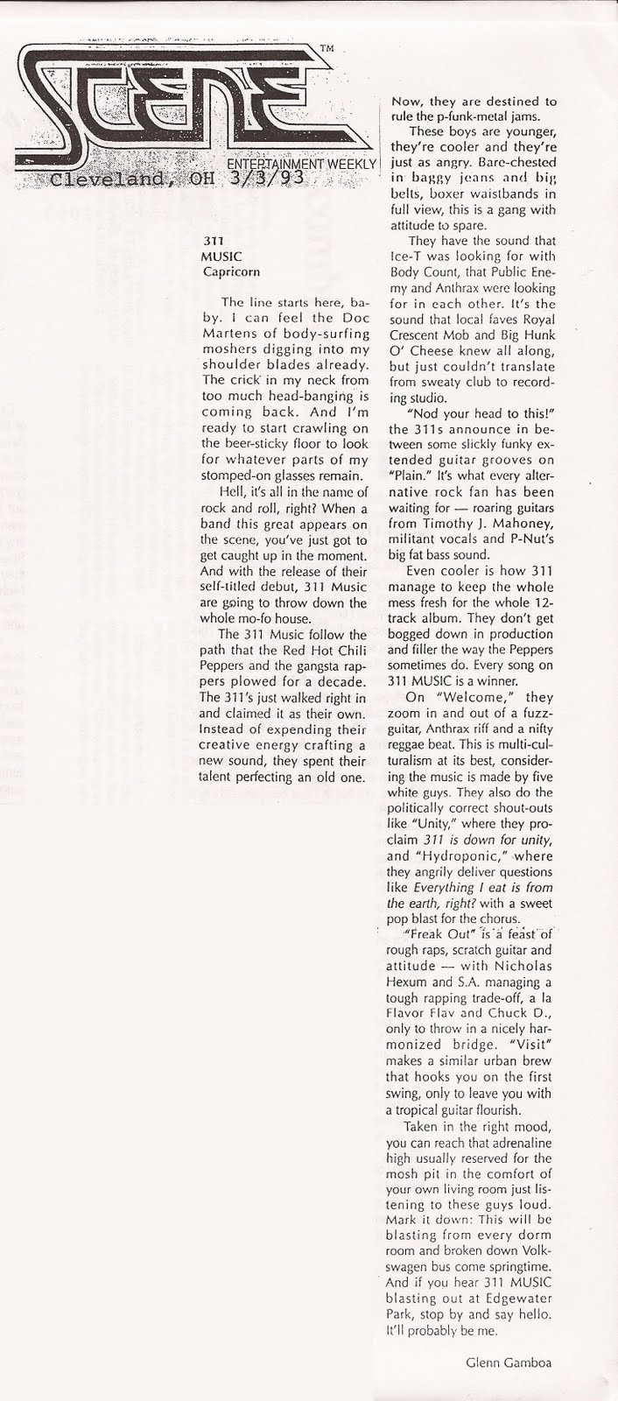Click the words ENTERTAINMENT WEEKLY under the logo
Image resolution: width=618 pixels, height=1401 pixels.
coord(301,164)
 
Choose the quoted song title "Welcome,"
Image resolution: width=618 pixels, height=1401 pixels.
coord(473,697)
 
